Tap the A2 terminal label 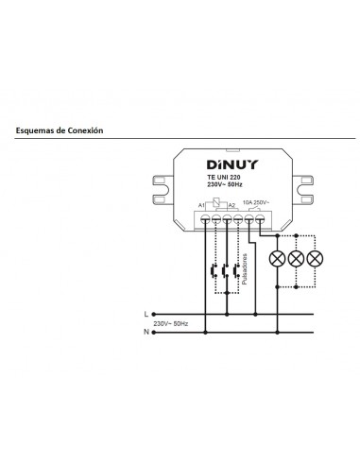(x=231, y=203)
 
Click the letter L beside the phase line (x=146, y=313)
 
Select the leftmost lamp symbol (x=277, y=258)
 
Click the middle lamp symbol (x=297, y=258)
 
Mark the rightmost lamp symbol (x=316, y=258)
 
